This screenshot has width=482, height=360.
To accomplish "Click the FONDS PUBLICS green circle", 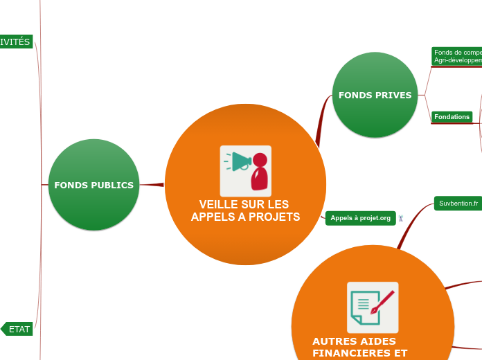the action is click(x=93, y=185).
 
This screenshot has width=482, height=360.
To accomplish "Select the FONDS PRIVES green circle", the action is click(x=375, y=95).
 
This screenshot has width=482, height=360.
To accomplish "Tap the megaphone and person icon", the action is click(x=246, y=170).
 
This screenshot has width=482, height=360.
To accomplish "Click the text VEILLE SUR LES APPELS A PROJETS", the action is click(x=245, y=210).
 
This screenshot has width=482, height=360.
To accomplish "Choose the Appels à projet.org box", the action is click(x=360, y=218).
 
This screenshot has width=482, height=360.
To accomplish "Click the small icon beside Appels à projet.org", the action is click(x=401, y=219).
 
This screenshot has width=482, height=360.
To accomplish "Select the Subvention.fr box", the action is click(x=458, y=204).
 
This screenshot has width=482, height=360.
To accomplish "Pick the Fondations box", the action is click(x=452, y=117).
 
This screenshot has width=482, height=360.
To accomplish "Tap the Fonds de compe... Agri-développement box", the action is click(x=457, y=57).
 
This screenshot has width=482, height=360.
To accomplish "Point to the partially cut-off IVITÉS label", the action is click(x=15, y=42).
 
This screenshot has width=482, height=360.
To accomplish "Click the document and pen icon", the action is click(x=373, y=307).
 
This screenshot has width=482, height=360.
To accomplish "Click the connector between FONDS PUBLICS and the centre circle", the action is click(x=152, y=184).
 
